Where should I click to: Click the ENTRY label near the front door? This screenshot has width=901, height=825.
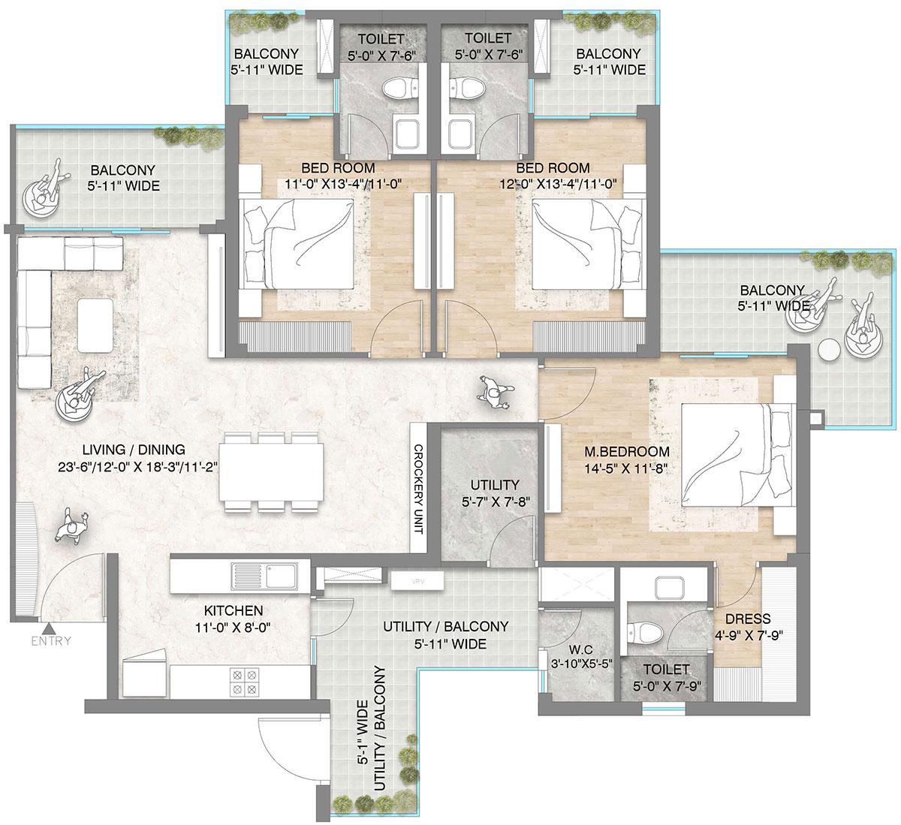pyautogui.click(x=51, y=640)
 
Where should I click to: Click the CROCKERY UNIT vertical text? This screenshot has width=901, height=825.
pyautogui.click(x=418, y=489)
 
